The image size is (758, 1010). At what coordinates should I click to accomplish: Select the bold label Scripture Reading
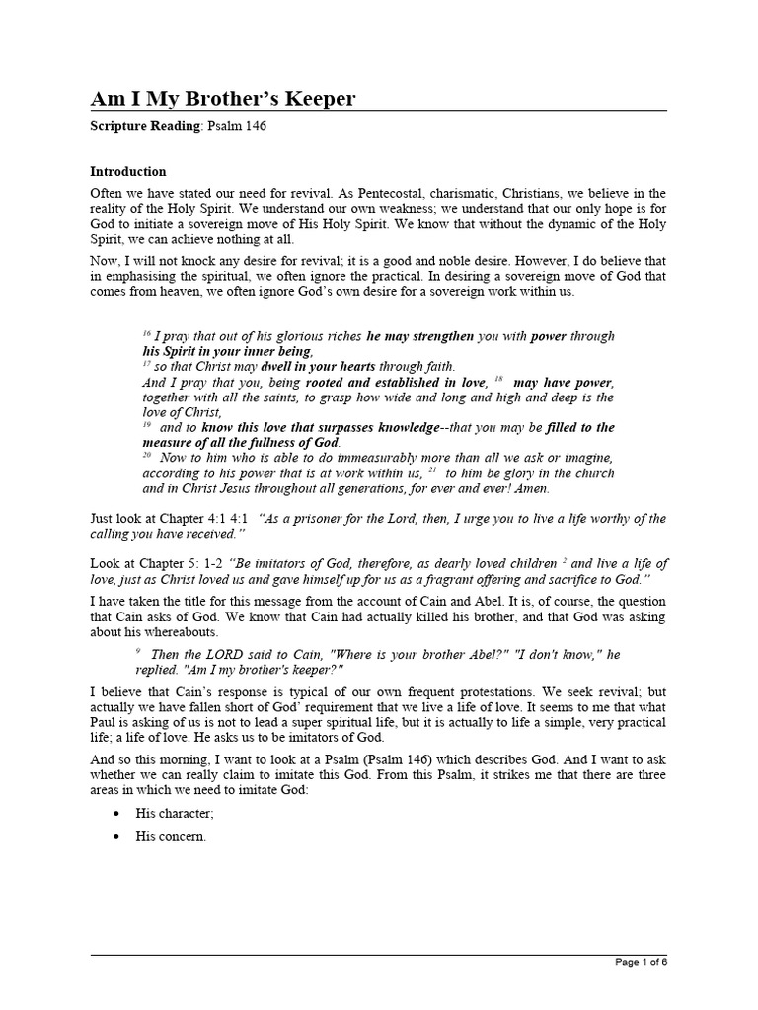(x=147, y=127)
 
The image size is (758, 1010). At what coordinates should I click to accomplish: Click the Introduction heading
(x=128, y=171)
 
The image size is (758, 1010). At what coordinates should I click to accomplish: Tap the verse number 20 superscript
(x=147, y=455)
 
